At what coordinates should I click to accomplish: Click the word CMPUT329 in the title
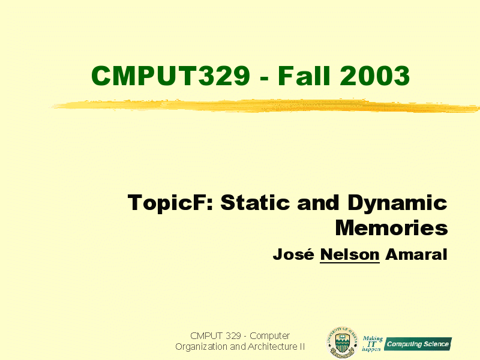coord(170,76)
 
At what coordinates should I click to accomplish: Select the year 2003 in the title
coord(374,76)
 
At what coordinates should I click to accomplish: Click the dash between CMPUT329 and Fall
coord(264,79)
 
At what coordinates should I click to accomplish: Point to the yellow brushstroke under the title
coord(265,106)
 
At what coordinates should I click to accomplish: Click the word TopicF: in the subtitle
coord(170,203)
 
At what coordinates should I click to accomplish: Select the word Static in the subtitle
coord(255,202)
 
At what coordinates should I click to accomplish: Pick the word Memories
coord(392,228)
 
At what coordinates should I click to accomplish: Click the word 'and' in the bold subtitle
coord(319,203)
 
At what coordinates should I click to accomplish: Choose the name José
coord(293,254)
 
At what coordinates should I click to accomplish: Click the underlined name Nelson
coord(350,254)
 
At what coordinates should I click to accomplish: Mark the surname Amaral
coord(416,254)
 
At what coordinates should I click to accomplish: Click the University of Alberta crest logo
coord(342,342)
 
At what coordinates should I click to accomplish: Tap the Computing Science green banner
coord(418,344)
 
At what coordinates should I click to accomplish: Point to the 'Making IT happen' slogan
coord(372,343)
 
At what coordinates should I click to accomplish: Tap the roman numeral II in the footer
coord(302,347)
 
